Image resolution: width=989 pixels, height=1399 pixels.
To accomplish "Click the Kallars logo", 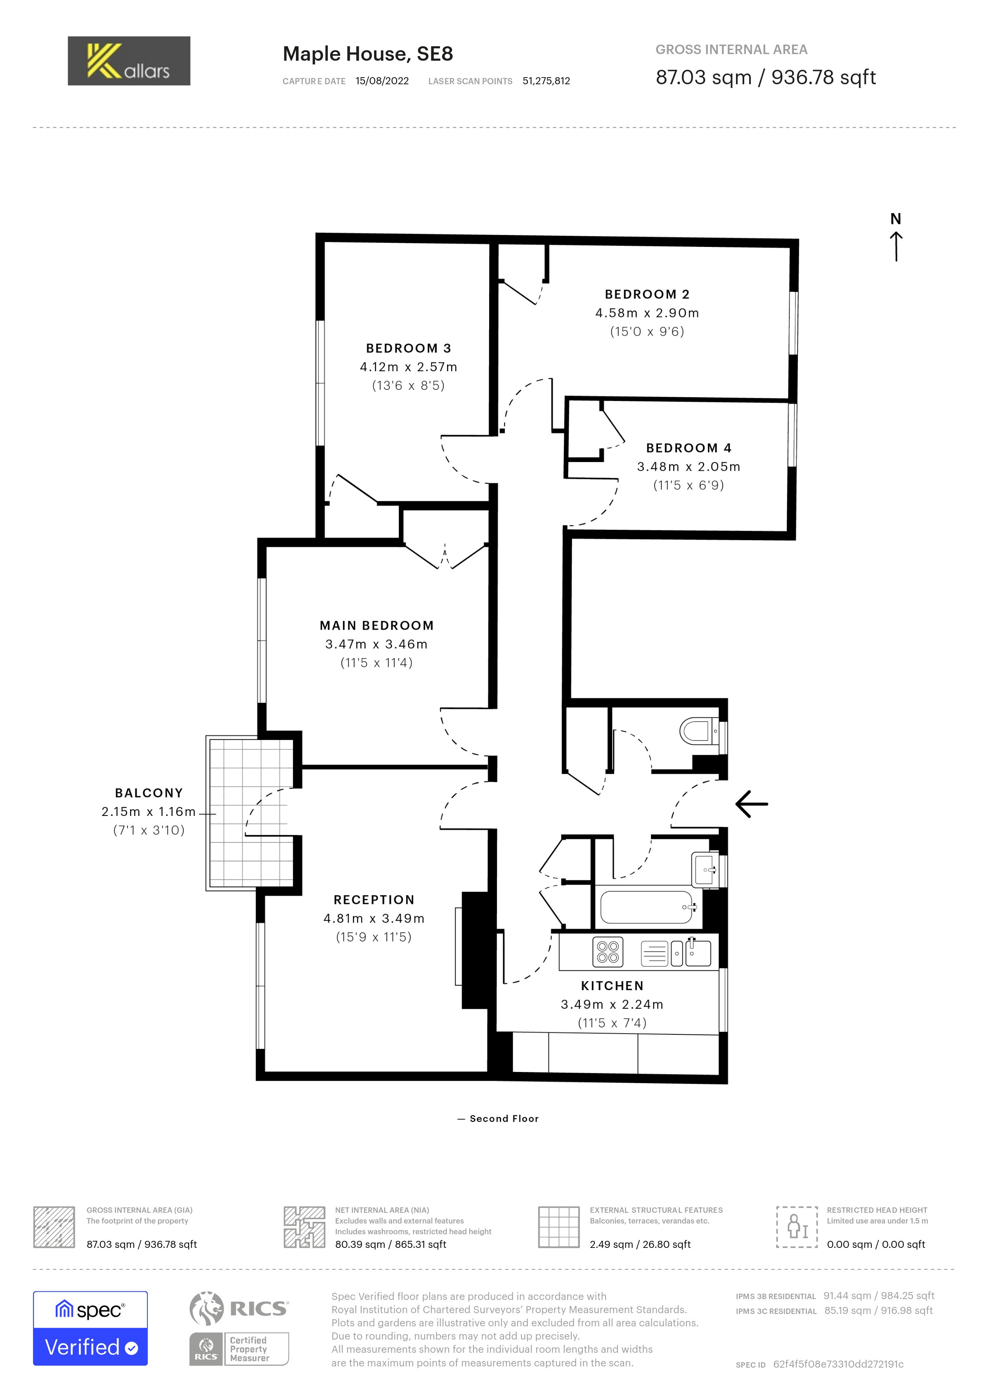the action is pyautogui.click(x=129, y=61).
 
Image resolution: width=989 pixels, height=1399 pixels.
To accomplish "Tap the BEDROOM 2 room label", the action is pyautogui.click(x=647, y=294).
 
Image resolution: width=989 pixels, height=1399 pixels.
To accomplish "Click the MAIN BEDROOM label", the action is pyautogui.click(x=376, y=625).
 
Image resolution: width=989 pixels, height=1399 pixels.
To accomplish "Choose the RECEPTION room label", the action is pyautogui.click(x=374, y=900).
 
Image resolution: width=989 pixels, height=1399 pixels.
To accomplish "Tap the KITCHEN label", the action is pyautogui.click(x=612, y=986).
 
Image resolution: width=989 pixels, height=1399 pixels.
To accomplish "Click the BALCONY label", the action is pyautogui.click(x=149, y=793).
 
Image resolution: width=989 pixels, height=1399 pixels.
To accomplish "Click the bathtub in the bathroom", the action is pyautogui.click(x=647, y=907).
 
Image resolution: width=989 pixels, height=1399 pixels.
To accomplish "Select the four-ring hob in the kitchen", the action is pyautogui.click(x=608, y=952).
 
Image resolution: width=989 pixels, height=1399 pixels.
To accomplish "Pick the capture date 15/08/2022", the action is pyautogui.click(x=383, y=81).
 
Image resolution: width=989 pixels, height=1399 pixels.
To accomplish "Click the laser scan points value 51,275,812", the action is pyautogui.click(x=546, y=81).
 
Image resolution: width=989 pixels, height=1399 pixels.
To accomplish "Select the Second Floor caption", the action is pyautogui.click(x=504, y=1119).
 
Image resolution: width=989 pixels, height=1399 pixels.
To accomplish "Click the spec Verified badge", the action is pyautogui.click(x=90, y=1328).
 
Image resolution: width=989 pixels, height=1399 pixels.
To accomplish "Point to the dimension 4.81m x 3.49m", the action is pyautogui.click(x=374, y=918).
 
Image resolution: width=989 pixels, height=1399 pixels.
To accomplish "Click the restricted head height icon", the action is pyautogui.click(x=797, y=1226).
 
